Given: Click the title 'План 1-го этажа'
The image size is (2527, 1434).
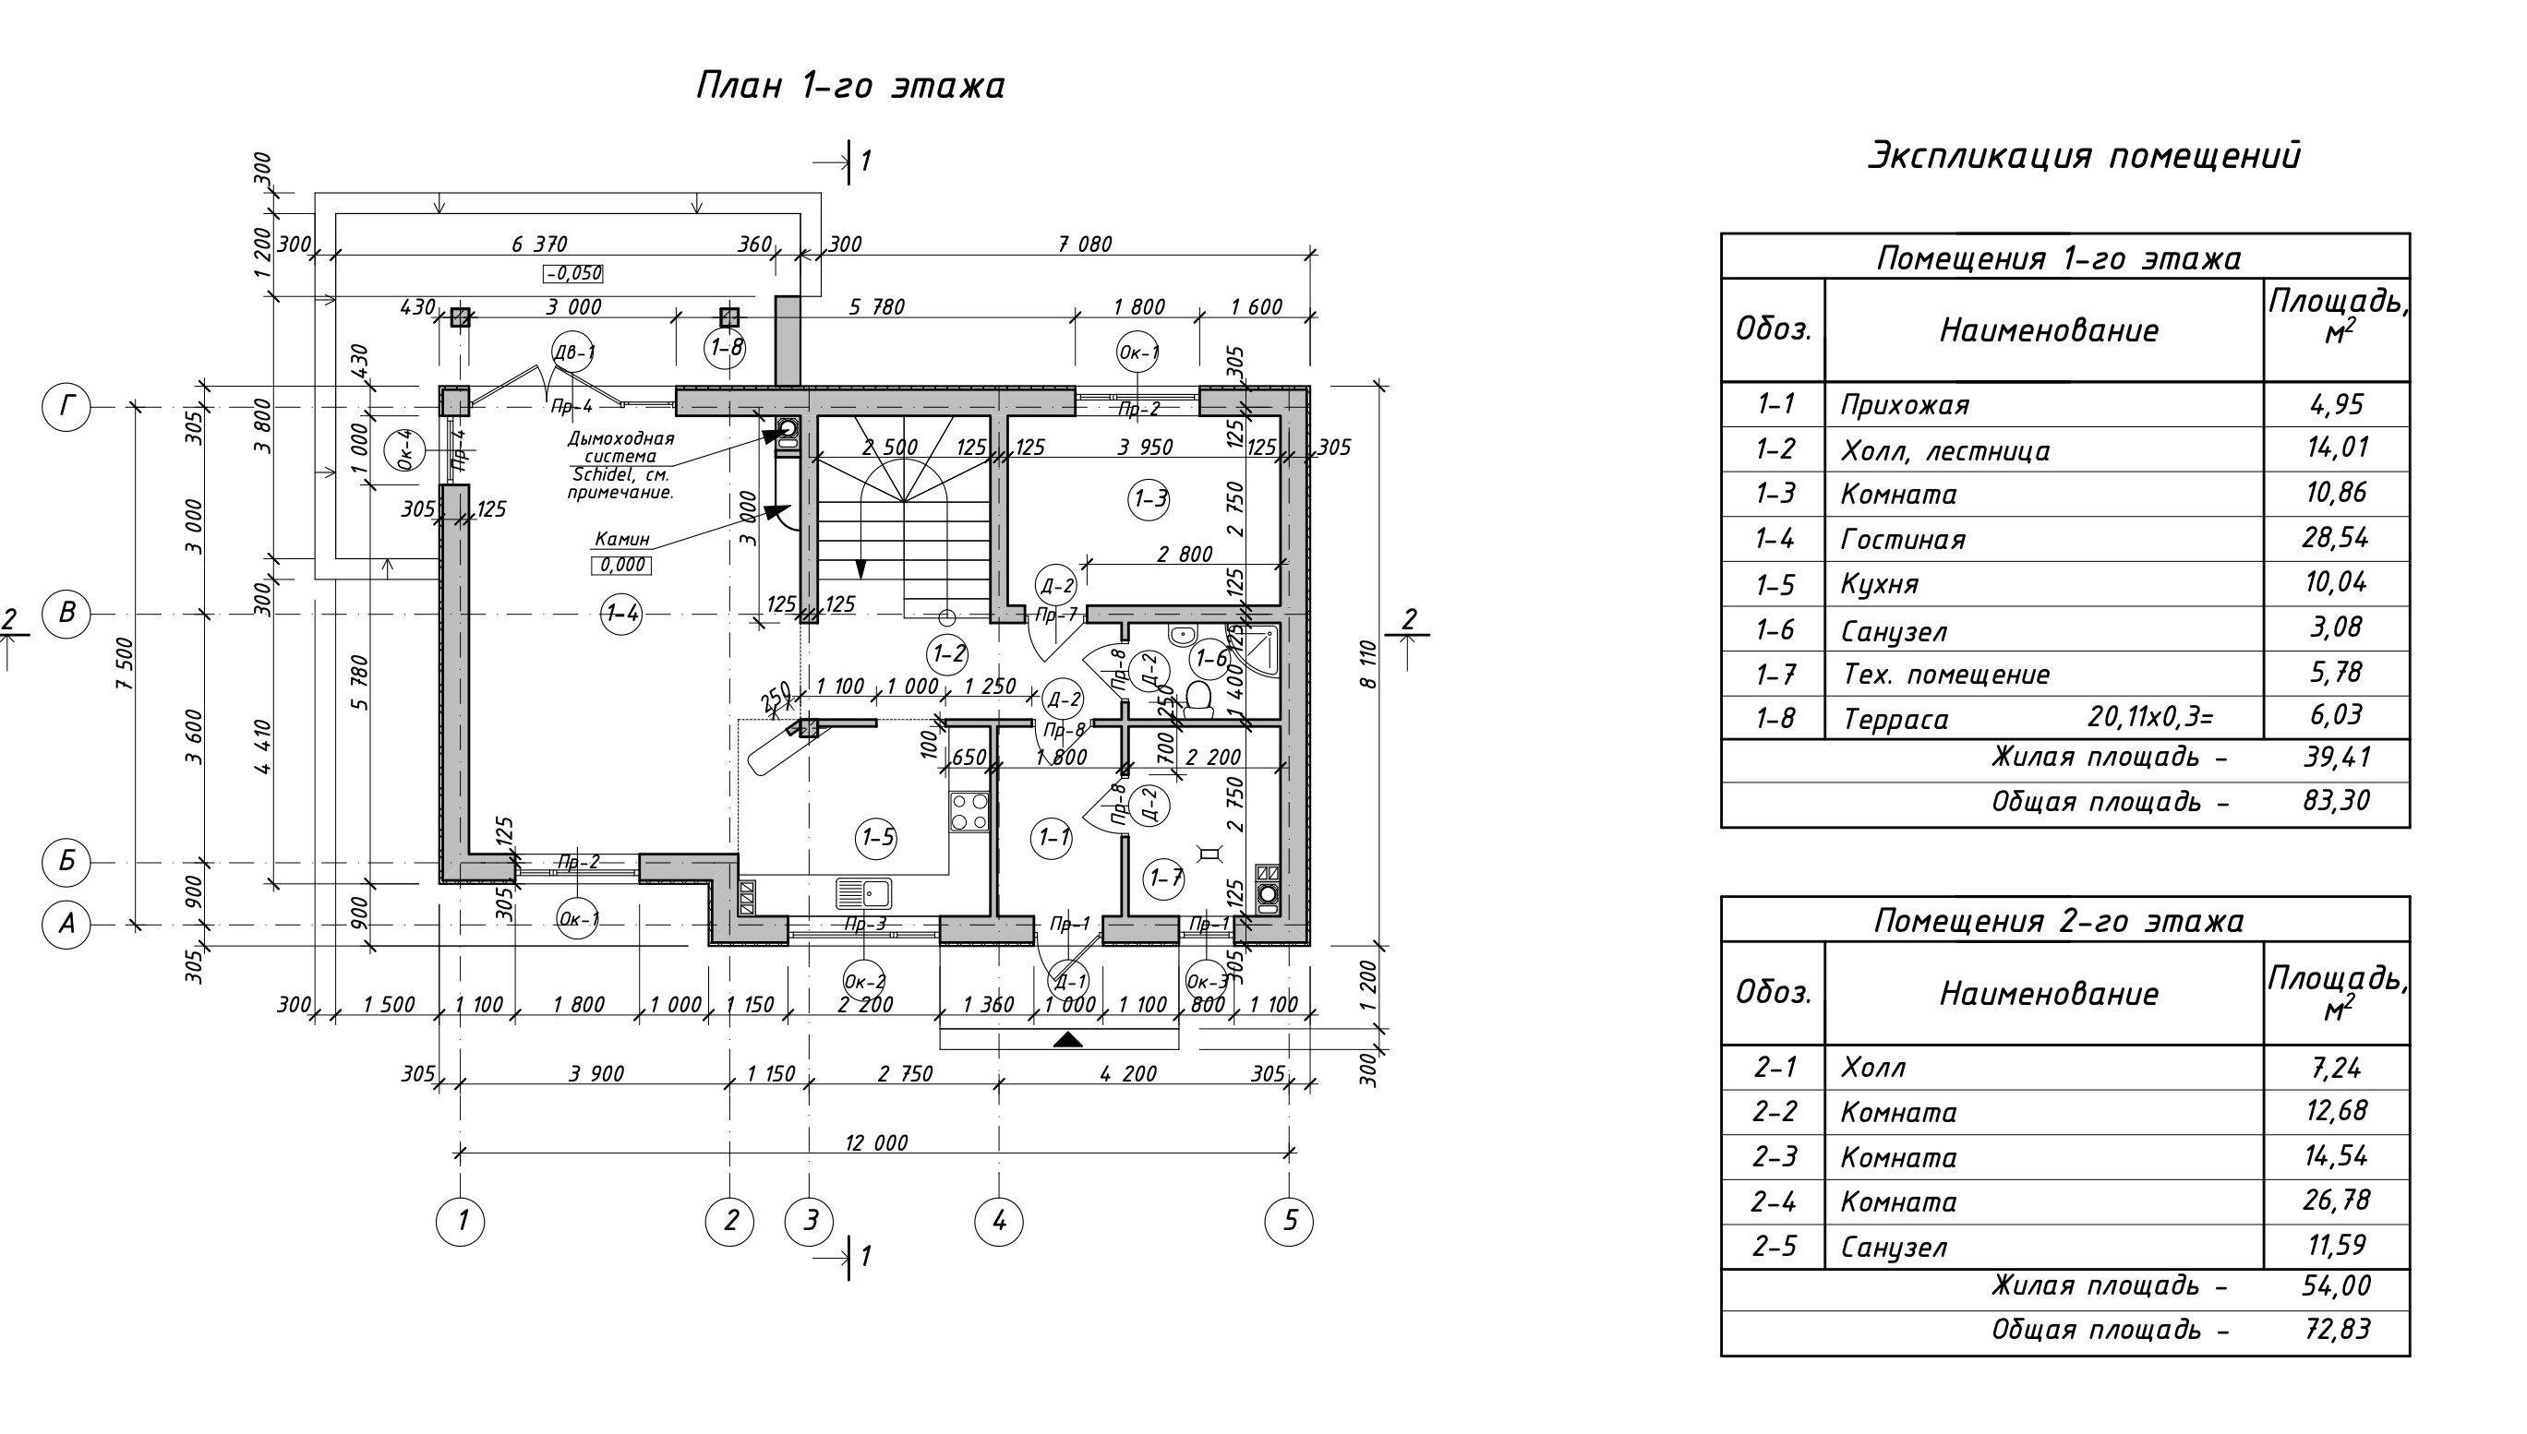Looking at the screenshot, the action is pos(850,86).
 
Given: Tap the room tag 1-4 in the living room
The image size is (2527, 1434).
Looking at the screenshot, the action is pos(621,615).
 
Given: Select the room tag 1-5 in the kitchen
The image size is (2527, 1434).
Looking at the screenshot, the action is pos(877,838).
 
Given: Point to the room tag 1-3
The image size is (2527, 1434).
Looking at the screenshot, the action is pos(1149,499).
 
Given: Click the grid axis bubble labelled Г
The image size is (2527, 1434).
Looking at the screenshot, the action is pos(66,406).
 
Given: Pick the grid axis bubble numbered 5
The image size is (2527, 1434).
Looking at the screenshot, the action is pos(1290,1221).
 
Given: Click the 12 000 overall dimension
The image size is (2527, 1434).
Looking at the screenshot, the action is pos(876,1142).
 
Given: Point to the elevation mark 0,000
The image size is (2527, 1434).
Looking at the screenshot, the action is pos(621,566).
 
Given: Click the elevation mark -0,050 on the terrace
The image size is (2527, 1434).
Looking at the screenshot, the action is pos(572,274).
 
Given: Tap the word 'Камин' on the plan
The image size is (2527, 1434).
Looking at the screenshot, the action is pos(621,540).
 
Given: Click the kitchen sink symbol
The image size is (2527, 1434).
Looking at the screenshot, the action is pos(864,893).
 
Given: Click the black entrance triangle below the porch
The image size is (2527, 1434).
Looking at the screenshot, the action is pos(1068,1039).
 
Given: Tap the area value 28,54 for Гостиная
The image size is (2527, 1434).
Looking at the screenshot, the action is pos(2336,538).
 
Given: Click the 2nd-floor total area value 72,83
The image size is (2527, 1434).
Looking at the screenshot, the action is pos(2336,1330).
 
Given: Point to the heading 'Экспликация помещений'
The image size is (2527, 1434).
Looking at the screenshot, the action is pos(2084,156).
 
